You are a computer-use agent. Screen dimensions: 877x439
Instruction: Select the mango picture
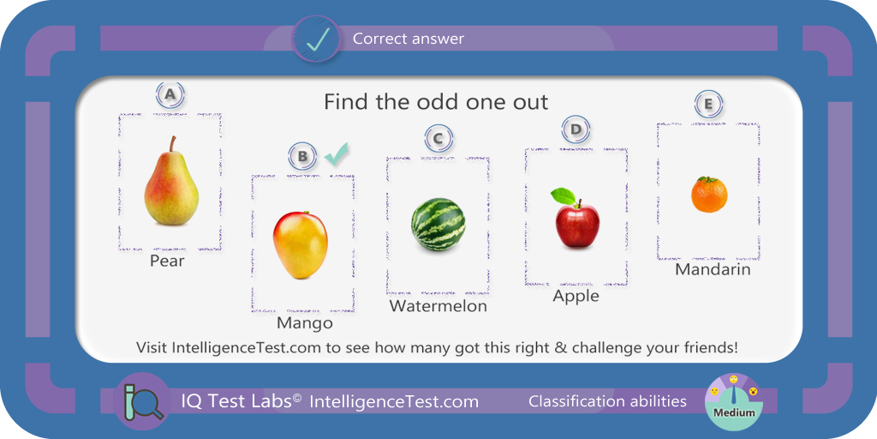[301, 244]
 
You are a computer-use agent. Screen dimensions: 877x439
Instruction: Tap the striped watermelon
[438, 224]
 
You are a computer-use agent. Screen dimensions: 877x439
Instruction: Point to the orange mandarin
[709, 195]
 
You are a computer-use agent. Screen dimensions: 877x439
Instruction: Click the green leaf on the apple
[564, 196]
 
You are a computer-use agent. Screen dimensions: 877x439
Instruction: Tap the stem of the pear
[173, 143]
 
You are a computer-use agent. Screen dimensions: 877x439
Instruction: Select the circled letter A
[170, 95]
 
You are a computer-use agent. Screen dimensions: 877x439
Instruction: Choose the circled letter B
[302, 156]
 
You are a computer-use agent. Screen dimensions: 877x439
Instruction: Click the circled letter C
[438, 138]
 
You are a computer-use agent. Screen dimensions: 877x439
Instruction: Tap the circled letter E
[708, 105]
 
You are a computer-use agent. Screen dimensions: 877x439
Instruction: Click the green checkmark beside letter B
[336, 154]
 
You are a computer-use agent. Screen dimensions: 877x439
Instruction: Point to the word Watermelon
[438, 306]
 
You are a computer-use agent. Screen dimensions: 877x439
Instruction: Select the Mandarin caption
[713, 269]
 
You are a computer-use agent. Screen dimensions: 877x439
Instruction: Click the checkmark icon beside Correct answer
[316, 39]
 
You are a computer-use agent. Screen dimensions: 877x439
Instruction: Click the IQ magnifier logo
[143, 401]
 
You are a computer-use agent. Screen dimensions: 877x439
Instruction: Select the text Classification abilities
[607, 401]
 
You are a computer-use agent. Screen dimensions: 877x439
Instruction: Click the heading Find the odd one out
[436, 102]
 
